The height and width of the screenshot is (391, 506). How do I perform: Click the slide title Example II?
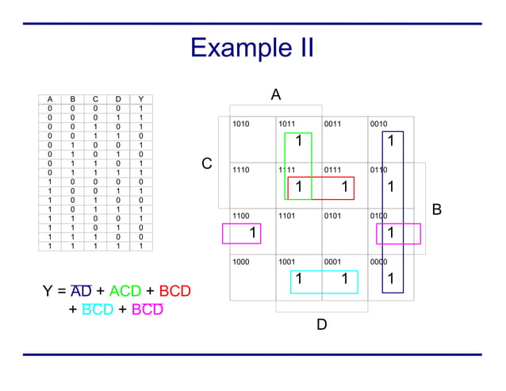point(252,48)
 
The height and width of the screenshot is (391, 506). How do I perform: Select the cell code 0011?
point(333,124)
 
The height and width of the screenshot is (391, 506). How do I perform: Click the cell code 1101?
point(287,215)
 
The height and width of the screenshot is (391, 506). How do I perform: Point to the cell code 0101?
point(333,215)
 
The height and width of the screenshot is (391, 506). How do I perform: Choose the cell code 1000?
point(241,261)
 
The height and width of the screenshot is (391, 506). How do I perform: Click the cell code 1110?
point(241,170)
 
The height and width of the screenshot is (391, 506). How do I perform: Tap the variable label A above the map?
point(275,95)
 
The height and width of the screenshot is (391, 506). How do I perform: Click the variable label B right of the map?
point(436,210)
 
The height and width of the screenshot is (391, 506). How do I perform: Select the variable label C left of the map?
point(207,164)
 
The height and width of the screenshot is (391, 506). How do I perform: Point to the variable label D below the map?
point(321,324)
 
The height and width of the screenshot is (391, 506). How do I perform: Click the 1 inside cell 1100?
point(252,233)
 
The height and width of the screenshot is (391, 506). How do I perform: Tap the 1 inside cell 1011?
point(298,142)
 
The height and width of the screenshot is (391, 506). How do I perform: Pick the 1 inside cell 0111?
point(344,187)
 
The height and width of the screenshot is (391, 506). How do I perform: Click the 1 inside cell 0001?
point(344,279)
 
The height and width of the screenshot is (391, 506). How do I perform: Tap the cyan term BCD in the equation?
point(98,309)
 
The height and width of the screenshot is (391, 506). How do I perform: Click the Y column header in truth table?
point(140,99)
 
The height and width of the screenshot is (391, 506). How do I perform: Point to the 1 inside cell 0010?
point(390,142)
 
